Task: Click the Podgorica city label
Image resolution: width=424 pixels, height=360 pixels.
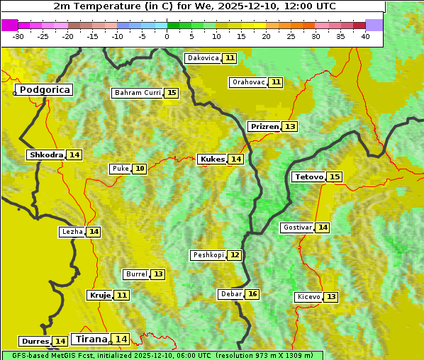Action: [44, 90]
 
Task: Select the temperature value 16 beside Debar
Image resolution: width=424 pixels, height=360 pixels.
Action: [252, 294]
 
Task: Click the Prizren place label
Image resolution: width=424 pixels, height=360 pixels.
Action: [264, 127]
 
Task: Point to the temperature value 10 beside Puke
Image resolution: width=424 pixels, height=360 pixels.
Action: [140, 169]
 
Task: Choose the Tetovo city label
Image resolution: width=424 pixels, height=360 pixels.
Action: [308, 176]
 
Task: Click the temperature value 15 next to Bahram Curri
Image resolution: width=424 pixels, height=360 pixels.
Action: [172, 93]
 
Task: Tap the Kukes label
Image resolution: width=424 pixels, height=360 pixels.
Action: [212, 159]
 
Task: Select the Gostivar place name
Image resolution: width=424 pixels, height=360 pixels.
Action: [296, 227]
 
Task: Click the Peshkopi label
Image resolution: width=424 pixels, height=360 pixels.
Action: [208, 255]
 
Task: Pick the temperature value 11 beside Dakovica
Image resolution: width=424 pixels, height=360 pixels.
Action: [230, 58]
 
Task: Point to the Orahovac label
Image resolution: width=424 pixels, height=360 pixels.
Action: [248, 82]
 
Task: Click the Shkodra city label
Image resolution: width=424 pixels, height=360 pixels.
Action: [45, 154]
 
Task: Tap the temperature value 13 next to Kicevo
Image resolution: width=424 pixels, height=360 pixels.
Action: [331, 297]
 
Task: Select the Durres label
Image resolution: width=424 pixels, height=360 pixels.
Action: [35, 342]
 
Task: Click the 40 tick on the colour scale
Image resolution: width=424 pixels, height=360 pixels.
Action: [365, 36]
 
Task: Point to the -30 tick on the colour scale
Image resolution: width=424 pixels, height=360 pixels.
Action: [18, 36]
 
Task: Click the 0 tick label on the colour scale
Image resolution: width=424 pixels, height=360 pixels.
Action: [167, 36]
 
